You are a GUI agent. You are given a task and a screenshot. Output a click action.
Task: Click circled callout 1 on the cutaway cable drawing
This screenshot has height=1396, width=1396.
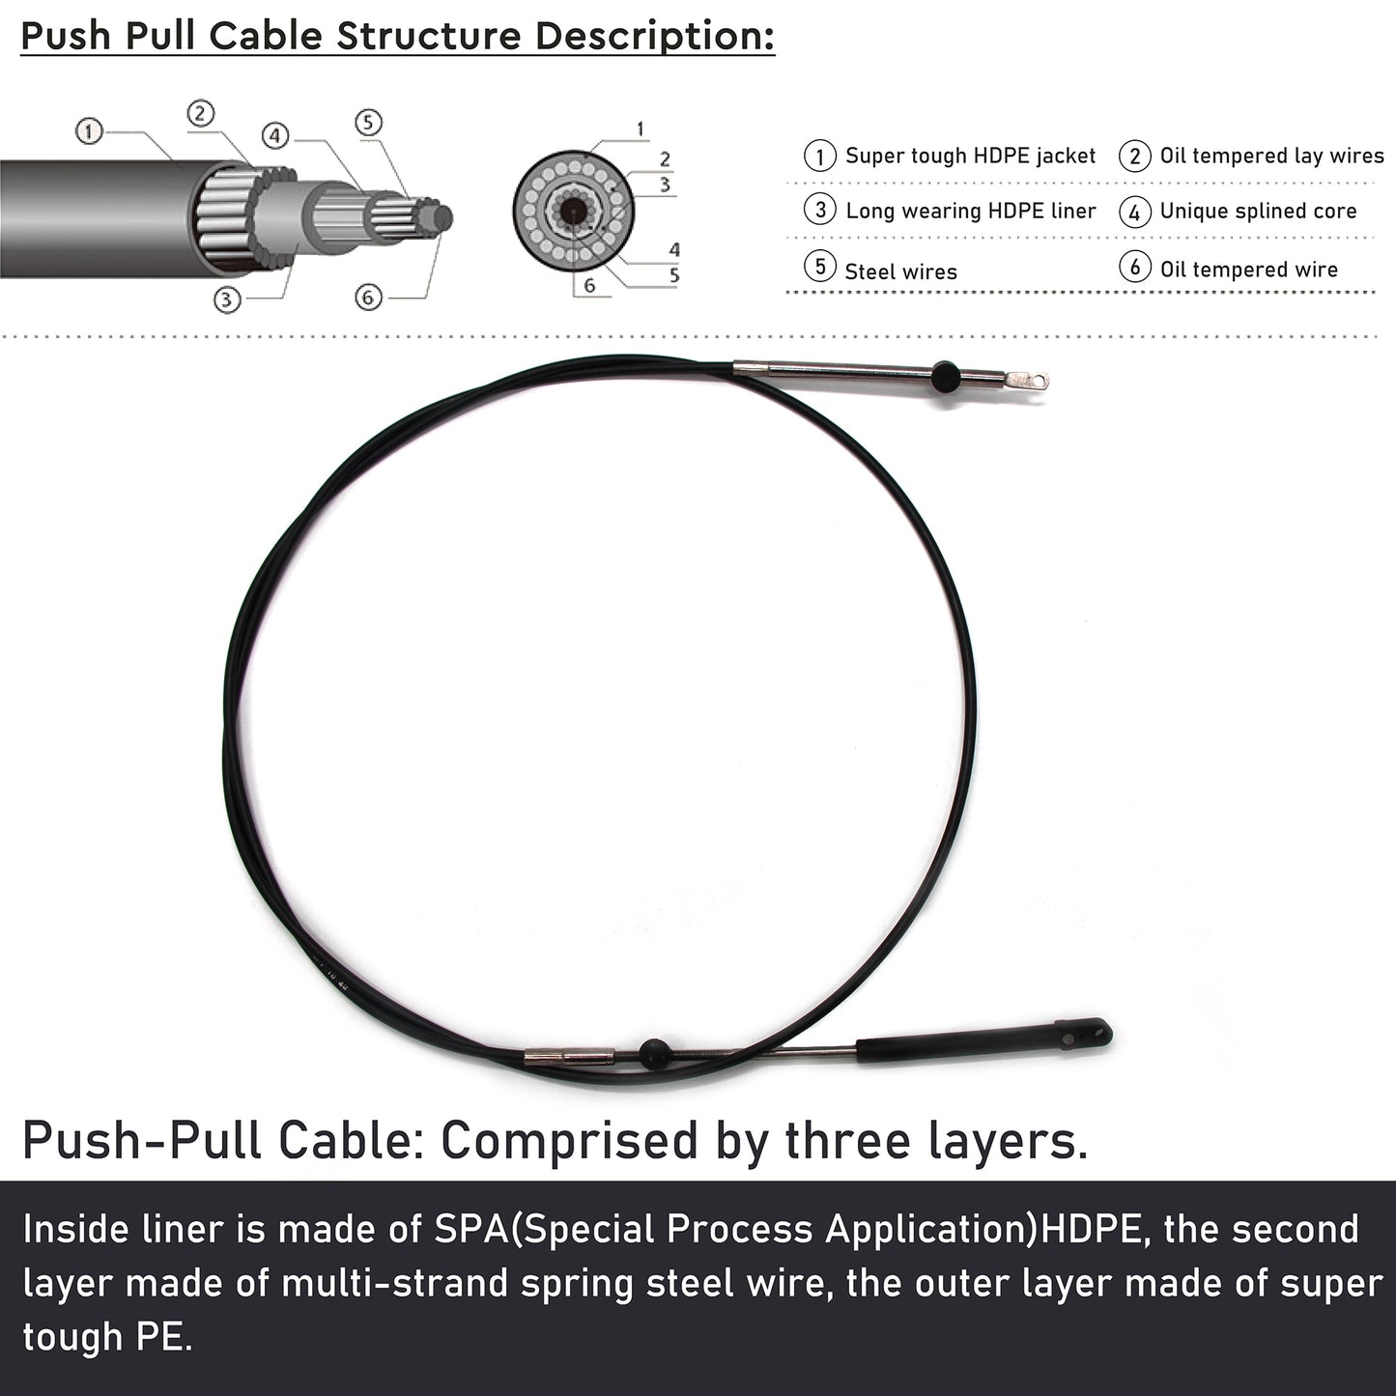coord(89,131)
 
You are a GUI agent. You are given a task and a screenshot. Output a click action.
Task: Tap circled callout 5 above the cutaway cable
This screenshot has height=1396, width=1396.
coord(368,123)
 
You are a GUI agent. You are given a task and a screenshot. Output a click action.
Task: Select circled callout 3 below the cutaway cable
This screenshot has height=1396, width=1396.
coord(227,299)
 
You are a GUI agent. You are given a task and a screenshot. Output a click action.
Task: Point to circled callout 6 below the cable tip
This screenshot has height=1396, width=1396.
coord(368,297)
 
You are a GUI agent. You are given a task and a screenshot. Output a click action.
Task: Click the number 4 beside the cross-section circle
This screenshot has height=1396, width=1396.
coord(674,250)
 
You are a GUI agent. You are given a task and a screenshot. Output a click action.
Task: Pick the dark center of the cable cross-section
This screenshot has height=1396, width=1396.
coord(574,213)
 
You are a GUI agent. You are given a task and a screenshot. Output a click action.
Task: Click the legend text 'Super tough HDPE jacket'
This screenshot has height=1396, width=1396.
coord(970,156)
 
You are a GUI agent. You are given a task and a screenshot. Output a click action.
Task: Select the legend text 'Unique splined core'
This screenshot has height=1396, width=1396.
coord(1258,211)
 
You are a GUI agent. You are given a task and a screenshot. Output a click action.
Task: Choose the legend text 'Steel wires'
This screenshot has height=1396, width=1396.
coord(900,271)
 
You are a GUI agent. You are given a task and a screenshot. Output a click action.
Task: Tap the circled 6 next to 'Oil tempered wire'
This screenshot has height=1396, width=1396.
coord(1134,267)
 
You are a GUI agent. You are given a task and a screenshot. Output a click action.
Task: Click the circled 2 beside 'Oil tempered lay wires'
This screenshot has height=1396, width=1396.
coord(1134,156)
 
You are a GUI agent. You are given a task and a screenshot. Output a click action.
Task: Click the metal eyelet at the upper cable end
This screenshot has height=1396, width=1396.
coord(1027,380)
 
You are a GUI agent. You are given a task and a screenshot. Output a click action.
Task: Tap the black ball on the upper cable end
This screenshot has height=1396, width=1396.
coord(946,376)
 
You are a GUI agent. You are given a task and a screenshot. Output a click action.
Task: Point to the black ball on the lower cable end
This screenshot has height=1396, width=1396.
coord(654,1053)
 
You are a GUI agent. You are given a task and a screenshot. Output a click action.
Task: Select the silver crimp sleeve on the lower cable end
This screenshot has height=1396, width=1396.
coord(569,1059)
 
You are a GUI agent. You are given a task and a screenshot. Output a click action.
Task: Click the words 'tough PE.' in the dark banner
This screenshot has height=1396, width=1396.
coord(108,1337)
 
